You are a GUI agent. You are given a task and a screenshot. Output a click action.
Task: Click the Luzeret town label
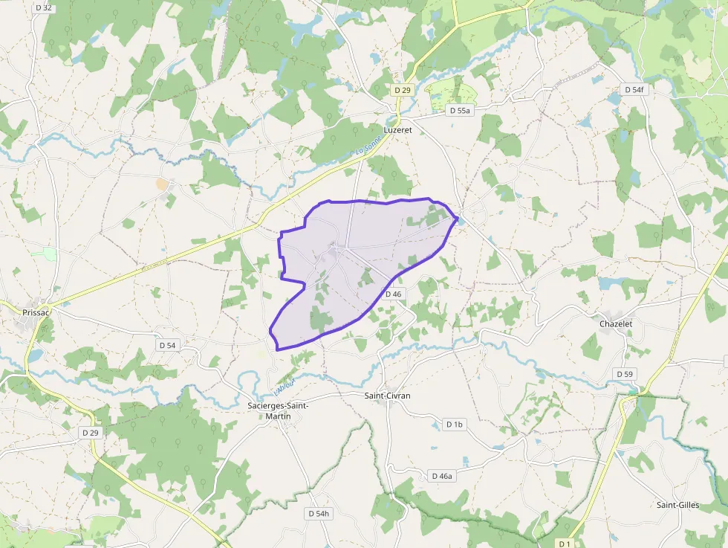click(x=397, y=129)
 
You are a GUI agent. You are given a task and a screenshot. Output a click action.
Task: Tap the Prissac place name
click(x=35, y=313)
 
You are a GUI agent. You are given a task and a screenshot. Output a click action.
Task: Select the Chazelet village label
click(x=616, y=323)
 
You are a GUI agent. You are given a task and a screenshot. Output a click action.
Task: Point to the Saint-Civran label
click(x=387, y=396)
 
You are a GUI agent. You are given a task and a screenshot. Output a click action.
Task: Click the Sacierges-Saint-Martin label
click(x=278, y=410)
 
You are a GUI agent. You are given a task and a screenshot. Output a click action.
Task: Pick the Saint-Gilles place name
click(x=677, y=505)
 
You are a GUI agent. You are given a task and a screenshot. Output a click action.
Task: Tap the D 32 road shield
click(x=44, y=7)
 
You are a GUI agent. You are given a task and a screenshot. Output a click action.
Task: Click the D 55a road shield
click(x=460, y=110)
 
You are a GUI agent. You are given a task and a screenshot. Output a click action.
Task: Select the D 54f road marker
click(x=634, y=89)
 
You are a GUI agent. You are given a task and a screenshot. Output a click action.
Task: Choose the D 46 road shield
click(x=393, y=294)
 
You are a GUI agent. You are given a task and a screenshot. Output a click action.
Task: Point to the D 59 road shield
click(x=624, y=373)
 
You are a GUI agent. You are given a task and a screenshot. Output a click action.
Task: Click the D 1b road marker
click(x=454, y=424)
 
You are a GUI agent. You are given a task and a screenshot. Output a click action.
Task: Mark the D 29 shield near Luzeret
click(x=402, y=89)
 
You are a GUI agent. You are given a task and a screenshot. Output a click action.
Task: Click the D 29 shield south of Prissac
click(x=91, y=432)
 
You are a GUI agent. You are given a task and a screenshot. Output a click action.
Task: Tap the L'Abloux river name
click(x=285, y=386)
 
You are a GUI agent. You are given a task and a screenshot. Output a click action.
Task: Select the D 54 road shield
click(x=167, y=345)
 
